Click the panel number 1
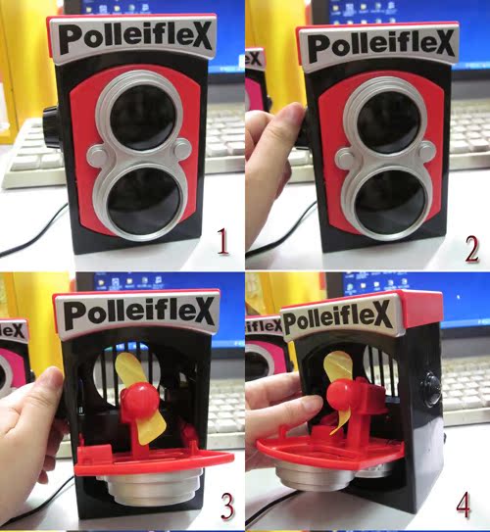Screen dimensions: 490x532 point(222,241)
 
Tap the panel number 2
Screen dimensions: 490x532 point(471,250)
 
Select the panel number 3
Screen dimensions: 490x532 point(227,507)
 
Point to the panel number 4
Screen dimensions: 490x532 point(464,505)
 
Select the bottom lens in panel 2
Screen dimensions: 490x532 point(390,204)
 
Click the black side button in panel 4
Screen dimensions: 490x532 point(431,389)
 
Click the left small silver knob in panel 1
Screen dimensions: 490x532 point(98,156)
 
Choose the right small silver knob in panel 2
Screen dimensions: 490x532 point(425,151)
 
